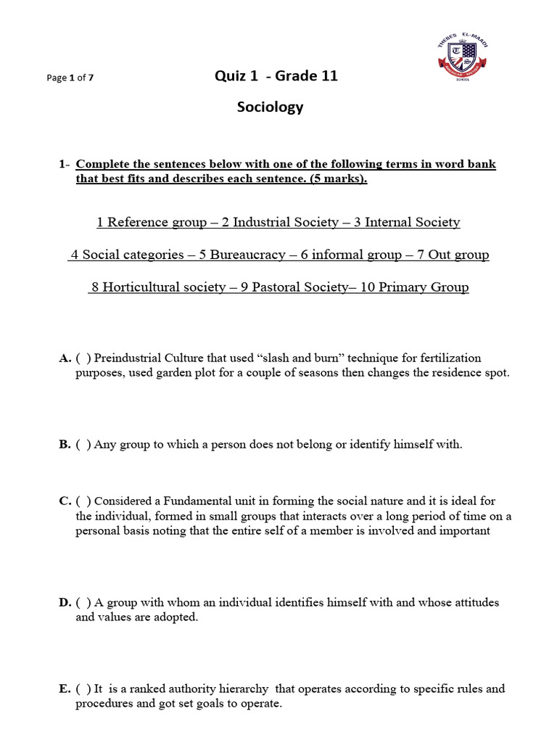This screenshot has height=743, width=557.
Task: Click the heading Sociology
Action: (271, 107)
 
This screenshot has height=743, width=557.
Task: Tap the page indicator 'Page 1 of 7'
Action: (70, 78)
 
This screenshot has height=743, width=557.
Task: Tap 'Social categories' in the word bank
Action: (133, 255)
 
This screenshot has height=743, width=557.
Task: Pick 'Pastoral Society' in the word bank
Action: (298, 287)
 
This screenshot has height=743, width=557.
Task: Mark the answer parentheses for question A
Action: (83, 358)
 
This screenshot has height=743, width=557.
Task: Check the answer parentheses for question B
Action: (83, 445)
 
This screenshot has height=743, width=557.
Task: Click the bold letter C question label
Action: (65, 501)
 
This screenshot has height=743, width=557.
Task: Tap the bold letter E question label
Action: (65, 689)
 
